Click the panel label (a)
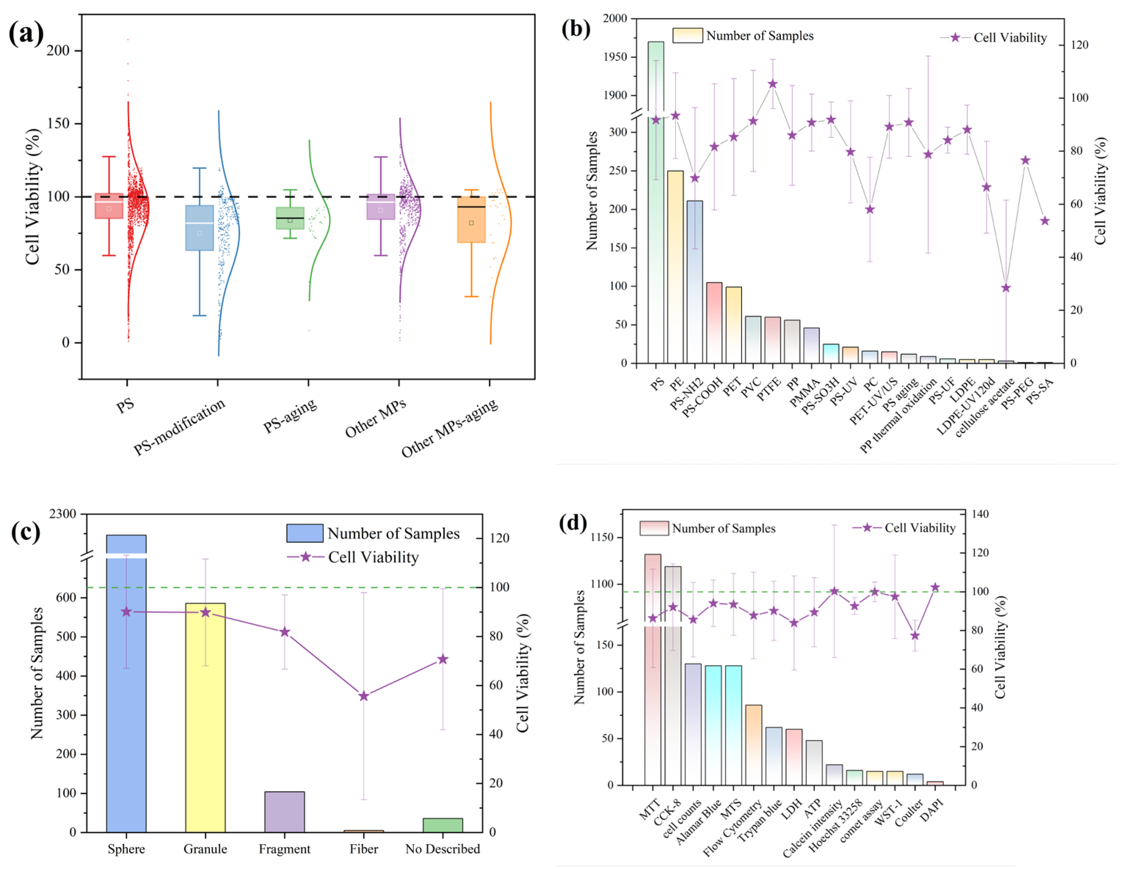[26, 33]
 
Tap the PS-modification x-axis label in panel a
[179, 427]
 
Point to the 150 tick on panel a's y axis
[58, 124]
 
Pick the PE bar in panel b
[675, 267]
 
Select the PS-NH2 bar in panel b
[695, 282]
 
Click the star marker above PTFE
[772, 84]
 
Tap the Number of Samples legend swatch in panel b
[687, 36]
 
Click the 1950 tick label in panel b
[615, 57]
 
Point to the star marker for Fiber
[364, 696]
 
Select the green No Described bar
[443, 825]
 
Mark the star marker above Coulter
[915, 635]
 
